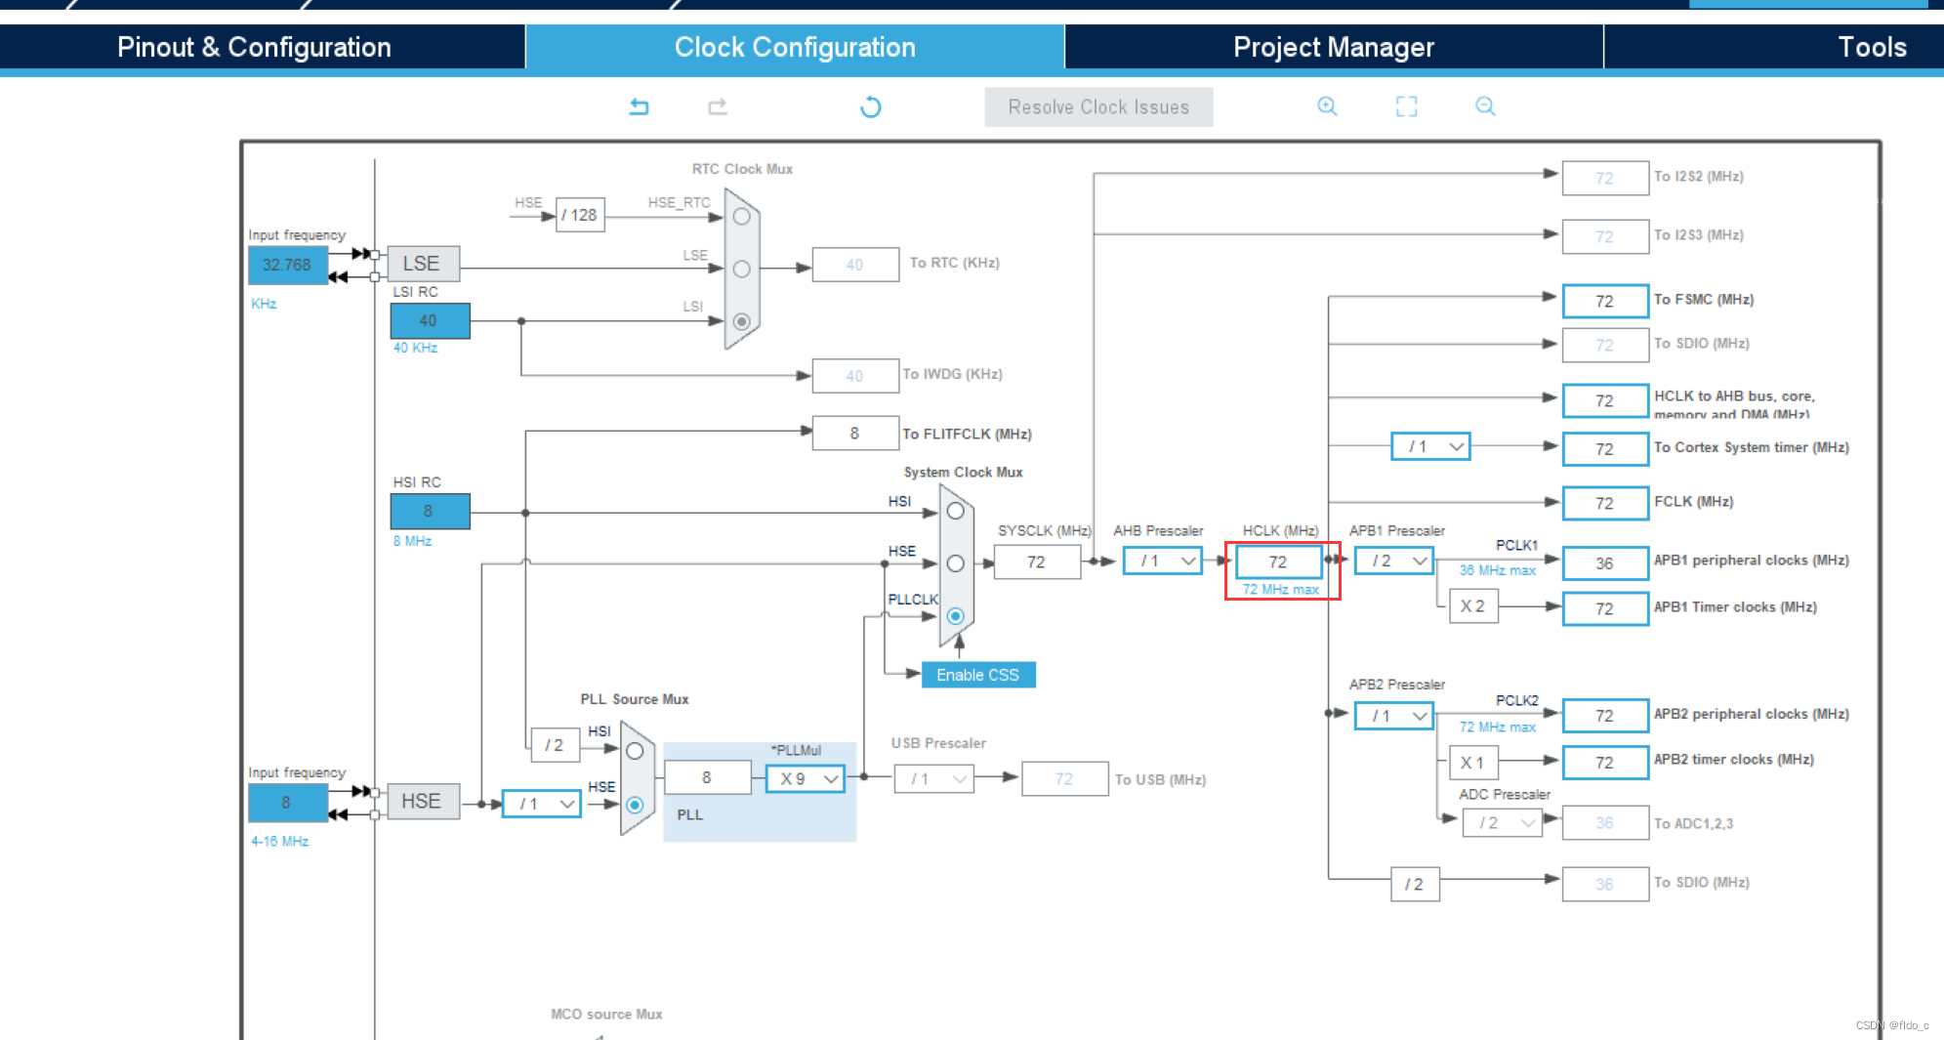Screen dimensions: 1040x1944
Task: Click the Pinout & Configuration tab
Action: click(x=254, y=47)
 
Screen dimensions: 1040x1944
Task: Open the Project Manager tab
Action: click(x=1333, y=47)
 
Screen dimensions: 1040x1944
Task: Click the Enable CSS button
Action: click(x=977, y=675)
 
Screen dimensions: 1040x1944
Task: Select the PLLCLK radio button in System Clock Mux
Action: click(x=956, y=616)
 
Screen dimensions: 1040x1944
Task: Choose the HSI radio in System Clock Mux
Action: click(x=956, y=511)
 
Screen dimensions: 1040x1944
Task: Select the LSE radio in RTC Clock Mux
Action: click(x=742, y=269)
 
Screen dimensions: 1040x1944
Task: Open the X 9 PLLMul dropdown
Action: click(x=806, y=778)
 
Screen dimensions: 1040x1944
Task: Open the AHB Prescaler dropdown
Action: click(x=1163, y=562)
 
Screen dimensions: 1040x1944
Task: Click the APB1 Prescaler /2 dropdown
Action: click(x=1394, y=562)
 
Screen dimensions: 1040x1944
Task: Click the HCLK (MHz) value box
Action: click(x=1278, y=562)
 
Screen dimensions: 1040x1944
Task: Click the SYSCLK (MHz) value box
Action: click(x=1036, y=562)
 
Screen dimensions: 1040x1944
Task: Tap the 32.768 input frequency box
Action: click(x=287, y=266)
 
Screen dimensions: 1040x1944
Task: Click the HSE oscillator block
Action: click(x=422, y=802)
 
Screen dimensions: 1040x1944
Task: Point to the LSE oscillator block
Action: click(x=422, y=264)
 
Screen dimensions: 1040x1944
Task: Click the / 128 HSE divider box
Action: click(x=580, y=215)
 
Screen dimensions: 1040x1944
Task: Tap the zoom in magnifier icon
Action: click(x=1327, y=106)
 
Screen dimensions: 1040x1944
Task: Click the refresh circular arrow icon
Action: click(x=871, y=106)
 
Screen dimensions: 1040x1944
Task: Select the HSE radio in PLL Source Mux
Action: click(x=636, y=805)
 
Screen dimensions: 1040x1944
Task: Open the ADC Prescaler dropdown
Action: click(x=1502, y=823)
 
